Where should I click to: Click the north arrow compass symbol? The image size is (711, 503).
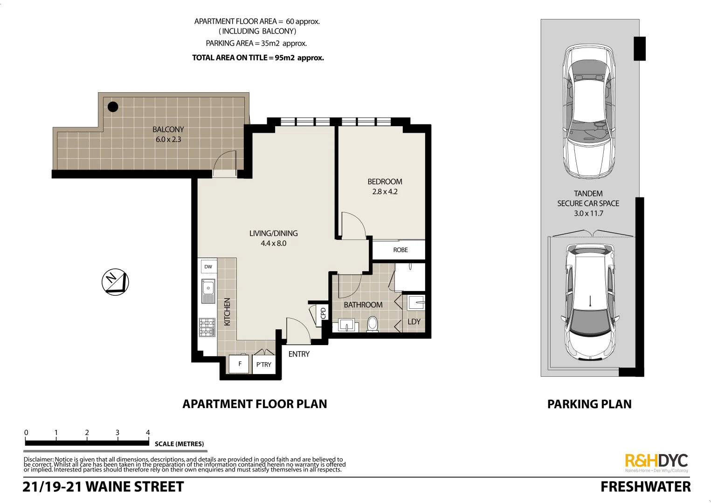point(115,282)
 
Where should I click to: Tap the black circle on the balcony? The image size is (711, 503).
point(113,107)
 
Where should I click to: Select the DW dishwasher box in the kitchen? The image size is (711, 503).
point(208,267)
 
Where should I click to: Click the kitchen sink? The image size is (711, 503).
point(208,291)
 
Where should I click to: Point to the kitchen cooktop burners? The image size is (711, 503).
point(207,327)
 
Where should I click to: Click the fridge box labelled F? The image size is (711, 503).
point(240,364)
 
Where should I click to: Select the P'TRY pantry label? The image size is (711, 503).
point(263,365)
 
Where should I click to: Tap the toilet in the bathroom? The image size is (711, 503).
point(373,324)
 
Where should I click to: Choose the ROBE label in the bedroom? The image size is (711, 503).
point(400,250)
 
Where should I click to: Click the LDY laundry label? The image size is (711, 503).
point(414,322)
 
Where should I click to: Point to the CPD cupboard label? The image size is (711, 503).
point(323,313)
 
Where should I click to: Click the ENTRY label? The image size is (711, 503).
point(299,354)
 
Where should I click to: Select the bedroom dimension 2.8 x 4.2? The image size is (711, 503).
point(385,191)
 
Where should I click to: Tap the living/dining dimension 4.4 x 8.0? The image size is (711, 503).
point(273,243)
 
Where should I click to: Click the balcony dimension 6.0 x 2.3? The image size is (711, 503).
point(168,139)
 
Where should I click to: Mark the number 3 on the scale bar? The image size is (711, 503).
point(117,433)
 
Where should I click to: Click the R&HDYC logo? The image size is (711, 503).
point(656,461)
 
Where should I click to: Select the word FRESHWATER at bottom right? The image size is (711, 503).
point(645,487)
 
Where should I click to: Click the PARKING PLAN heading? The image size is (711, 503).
point(589,404)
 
